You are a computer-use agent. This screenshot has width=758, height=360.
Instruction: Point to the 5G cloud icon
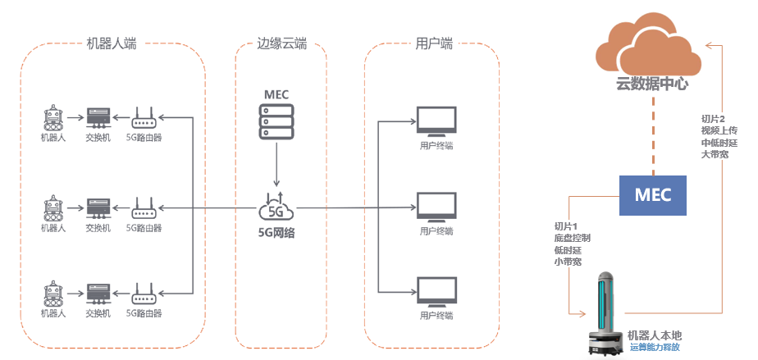276,207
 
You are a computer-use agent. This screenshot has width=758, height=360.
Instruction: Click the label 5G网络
276,232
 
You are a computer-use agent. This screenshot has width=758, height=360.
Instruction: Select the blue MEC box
653,195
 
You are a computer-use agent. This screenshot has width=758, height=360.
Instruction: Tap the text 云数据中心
652,84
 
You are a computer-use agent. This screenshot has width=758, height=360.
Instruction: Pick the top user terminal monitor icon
436,122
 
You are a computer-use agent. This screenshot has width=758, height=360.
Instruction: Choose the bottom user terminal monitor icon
436,292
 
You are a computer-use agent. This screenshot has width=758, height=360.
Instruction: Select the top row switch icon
98,117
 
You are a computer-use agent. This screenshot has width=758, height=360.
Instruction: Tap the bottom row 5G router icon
144,294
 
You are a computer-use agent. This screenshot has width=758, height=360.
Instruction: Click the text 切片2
713,119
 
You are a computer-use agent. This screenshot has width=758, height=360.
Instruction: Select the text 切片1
567,226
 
